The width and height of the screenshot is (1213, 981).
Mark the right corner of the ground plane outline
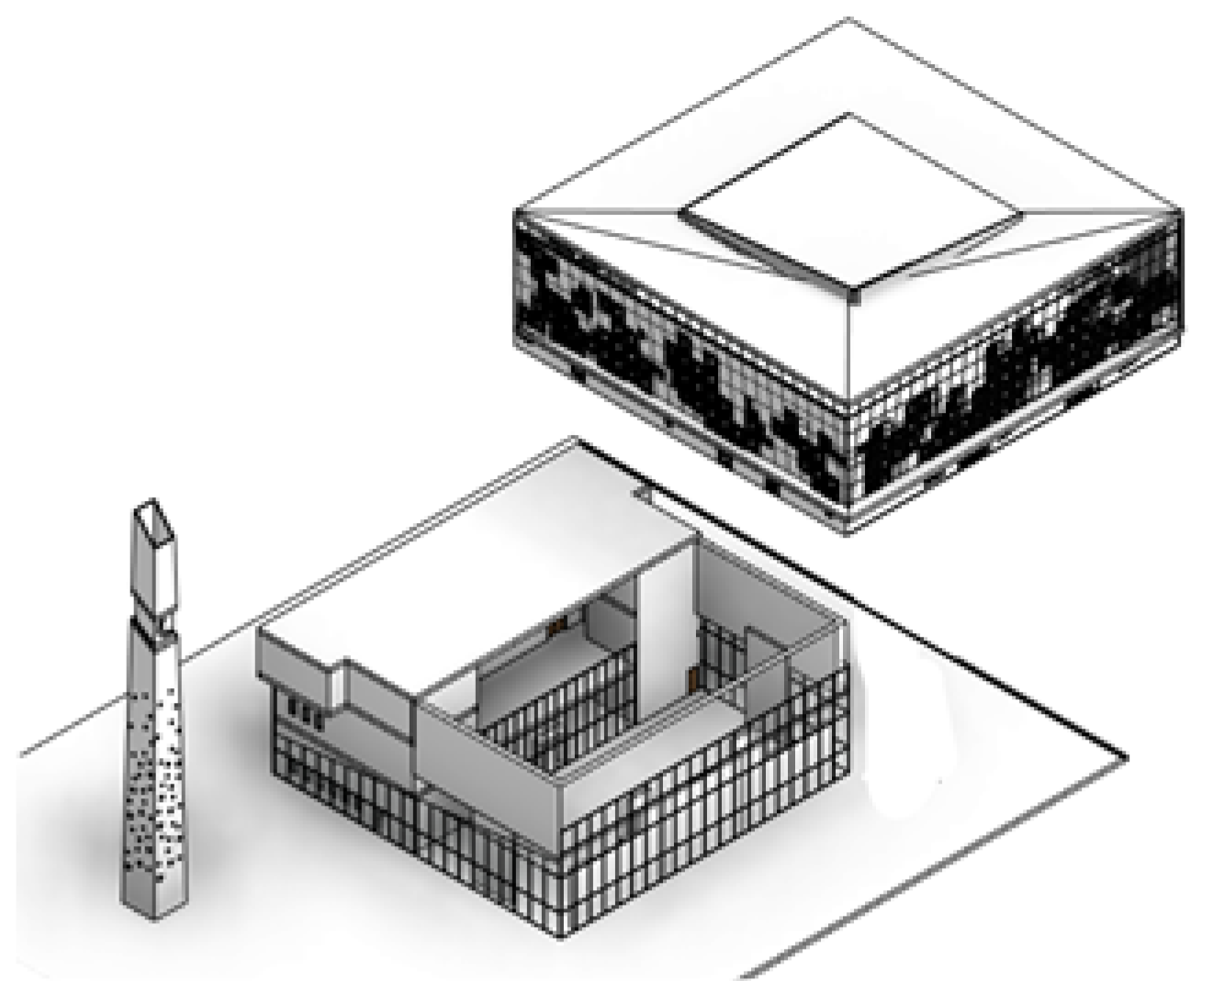tap(1127, 760)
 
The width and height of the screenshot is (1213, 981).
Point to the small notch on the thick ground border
tap(643, 496)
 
